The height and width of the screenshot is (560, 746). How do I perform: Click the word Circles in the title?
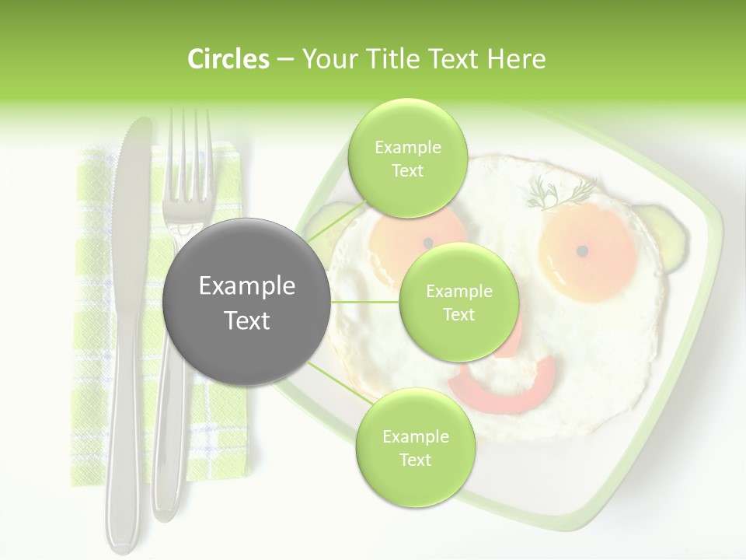point(228,59)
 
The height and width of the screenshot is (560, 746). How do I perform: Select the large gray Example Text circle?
point(247,302)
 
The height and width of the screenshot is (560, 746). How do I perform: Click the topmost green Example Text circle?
point(407,159)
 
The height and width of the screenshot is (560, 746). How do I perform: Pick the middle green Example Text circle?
point(458,303)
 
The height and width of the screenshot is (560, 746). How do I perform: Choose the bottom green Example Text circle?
point(415,447)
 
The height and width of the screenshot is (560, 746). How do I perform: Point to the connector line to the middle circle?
point(365,302)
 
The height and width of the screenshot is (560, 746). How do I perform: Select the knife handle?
point(123,436)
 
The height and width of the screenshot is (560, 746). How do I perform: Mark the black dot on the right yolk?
point(582,250)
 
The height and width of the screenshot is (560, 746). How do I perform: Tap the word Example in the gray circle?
point(247,286)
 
